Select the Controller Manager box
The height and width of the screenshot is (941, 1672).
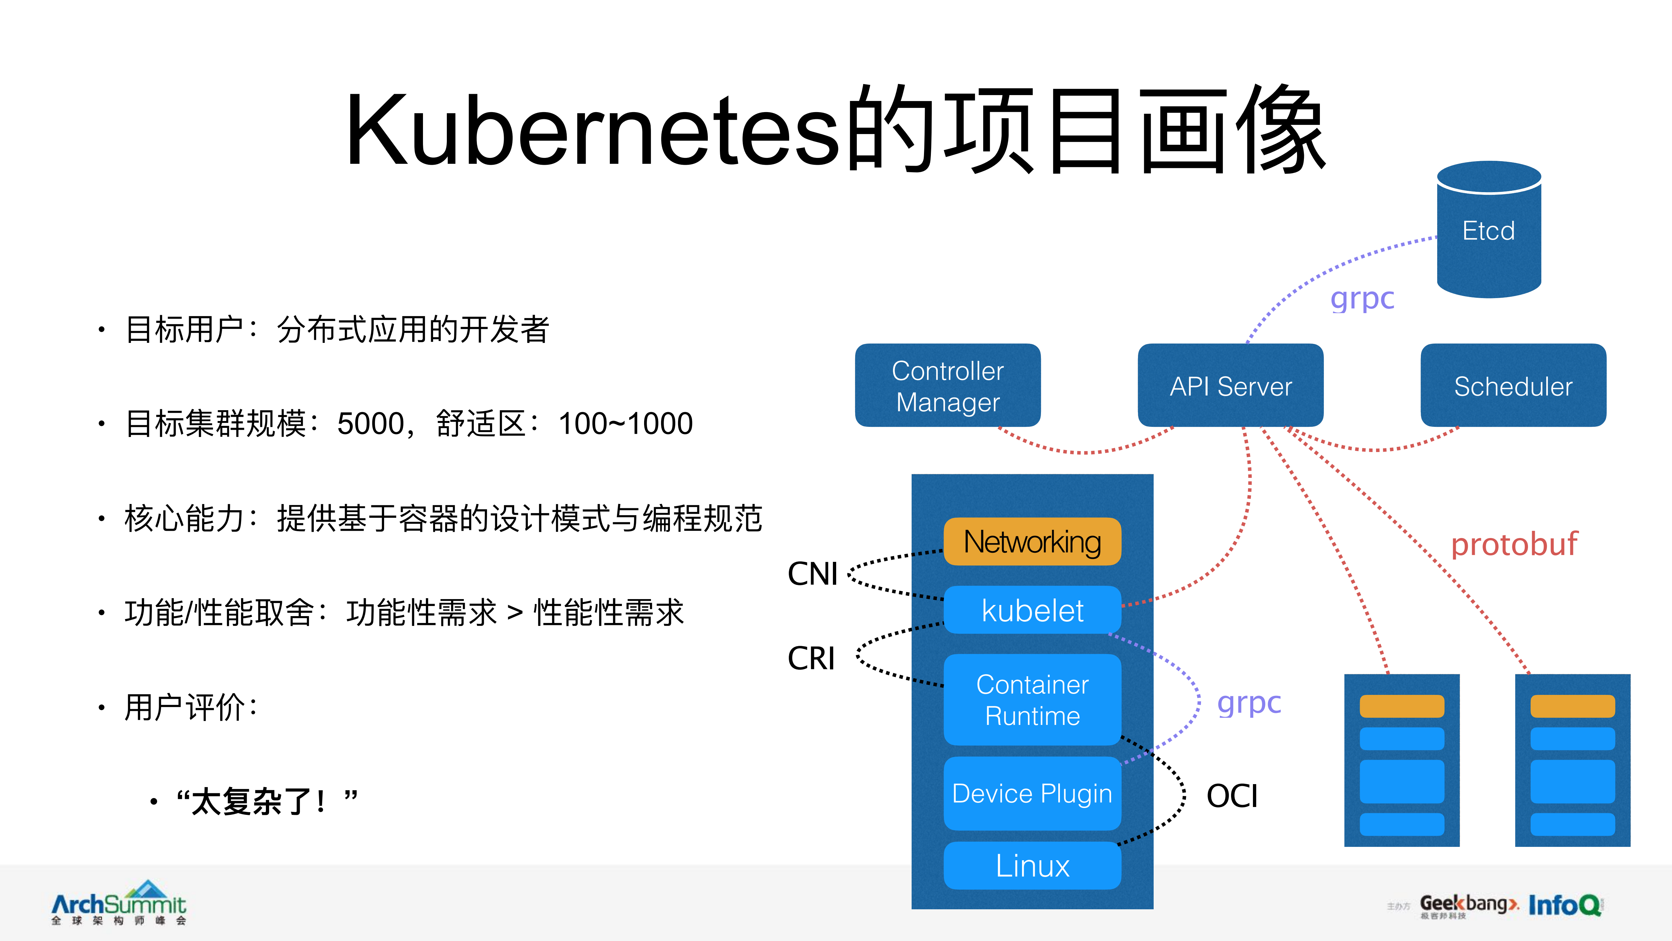tap(948, 386)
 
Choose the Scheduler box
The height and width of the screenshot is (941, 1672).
tap(1513, 386)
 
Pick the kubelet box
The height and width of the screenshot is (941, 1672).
tap(1032, 610)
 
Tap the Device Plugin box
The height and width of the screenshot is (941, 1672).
tap(1032, 793)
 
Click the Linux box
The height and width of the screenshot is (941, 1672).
tap(1032, 866)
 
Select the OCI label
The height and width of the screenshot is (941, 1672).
tap(1231, 796)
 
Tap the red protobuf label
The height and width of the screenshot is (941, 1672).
tap(1514, 544)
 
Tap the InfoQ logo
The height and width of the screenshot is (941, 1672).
tap(1564, 905)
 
